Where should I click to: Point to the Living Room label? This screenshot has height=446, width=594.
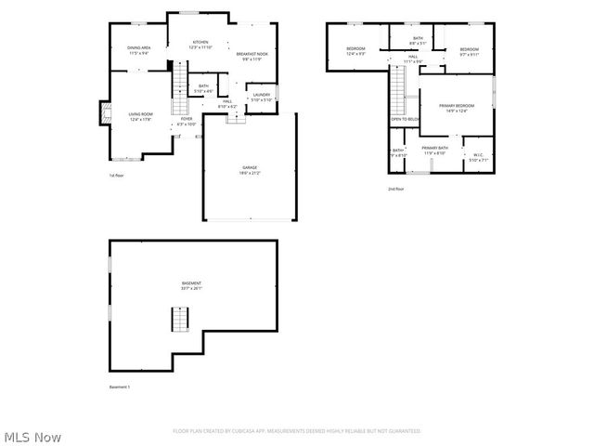point(140,116)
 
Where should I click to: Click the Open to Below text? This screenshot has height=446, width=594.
point(406,119)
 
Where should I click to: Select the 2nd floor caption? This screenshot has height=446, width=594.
point(396,190)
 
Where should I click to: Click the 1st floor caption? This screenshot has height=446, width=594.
point(116,176)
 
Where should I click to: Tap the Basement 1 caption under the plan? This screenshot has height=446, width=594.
point(120,387)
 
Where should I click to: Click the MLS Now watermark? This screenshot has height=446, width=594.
point(32,437)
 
